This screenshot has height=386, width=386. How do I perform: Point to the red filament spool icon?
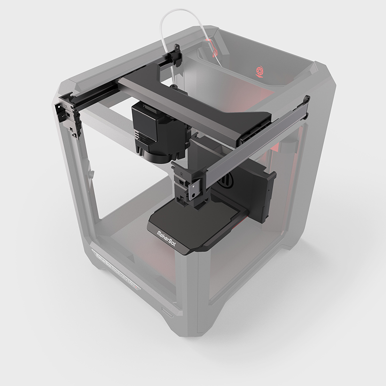260,72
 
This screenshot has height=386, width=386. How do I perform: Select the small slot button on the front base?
167,311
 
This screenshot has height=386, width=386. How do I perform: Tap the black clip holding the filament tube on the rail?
176,55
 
